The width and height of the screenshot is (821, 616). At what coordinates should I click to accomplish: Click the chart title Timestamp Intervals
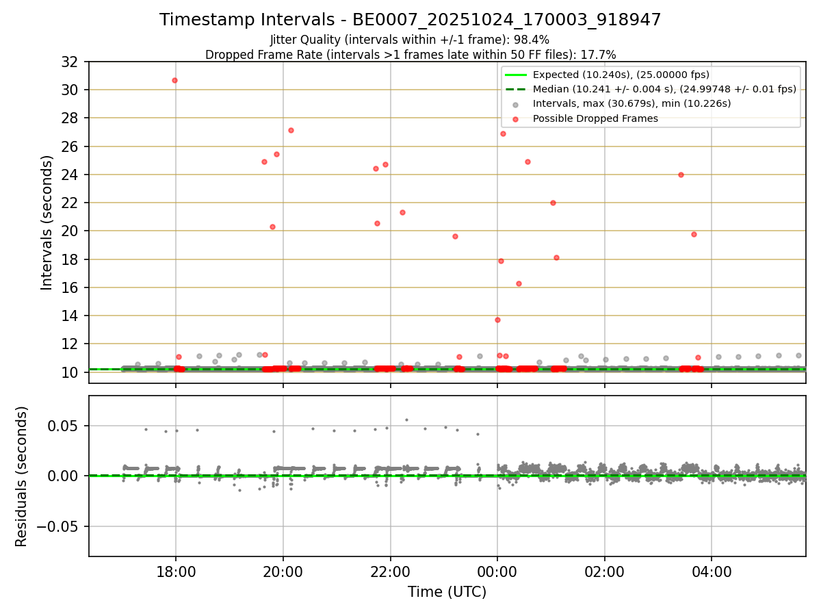(x=410, y=20)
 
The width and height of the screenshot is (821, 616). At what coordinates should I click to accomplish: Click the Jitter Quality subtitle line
(x=410, y=40)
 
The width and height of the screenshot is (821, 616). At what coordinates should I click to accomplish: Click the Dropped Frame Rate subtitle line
(x=410, y=55)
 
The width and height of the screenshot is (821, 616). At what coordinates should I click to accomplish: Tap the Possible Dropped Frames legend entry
(x=595, y=118)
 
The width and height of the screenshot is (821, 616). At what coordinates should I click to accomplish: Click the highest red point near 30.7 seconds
(x=174, y=80)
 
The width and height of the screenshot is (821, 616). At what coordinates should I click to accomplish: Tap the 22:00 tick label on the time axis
(x=390, y=572)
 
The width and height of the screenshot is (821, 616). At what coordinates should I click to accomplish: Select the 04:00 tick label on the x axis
(x=712, y=572)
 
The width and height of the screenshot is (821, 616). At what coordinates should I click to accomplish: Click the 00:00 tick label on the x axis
(x=497, y=572)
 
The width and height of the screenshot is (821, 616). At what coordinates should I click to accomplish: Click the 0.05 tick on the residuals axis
(x=65, y=426)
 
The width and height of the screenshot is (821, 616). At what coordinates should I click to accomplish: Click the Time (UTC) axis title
(x=447, y=592)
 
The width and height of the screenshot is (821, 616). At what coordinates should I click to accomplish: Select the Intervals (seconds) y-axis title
(x=47, y=222)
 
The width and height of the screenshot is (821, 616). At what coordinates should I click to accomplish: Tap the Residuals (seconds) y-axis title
(x=21, y=476)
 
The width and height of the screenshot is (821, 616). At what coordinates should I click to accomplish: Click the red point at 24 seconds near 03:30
(x=681, y=175)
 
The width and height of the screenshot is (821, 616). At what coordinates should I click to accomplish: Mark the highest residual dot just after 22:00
(x=406, y=420)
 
